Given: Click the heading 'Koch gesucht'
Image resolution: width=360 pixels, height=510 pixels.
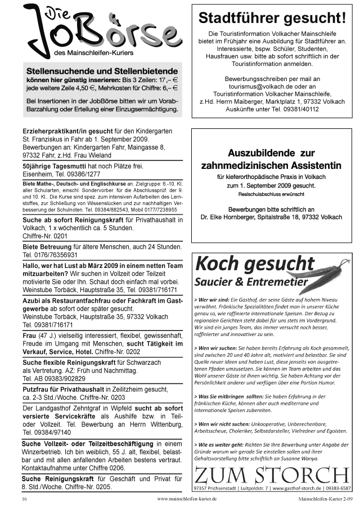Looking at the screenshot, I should click(247, 263).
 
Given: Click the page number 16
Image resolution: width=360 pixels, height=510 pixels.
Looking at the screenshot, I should click(24, 499).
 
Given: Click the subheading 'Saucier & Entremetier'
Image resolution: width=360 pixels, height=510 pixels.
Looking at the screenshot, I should click(251, 281).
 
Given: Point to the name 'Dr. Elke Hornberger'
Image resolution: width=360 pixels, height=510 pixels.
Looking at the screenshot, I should click(227, 217).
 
